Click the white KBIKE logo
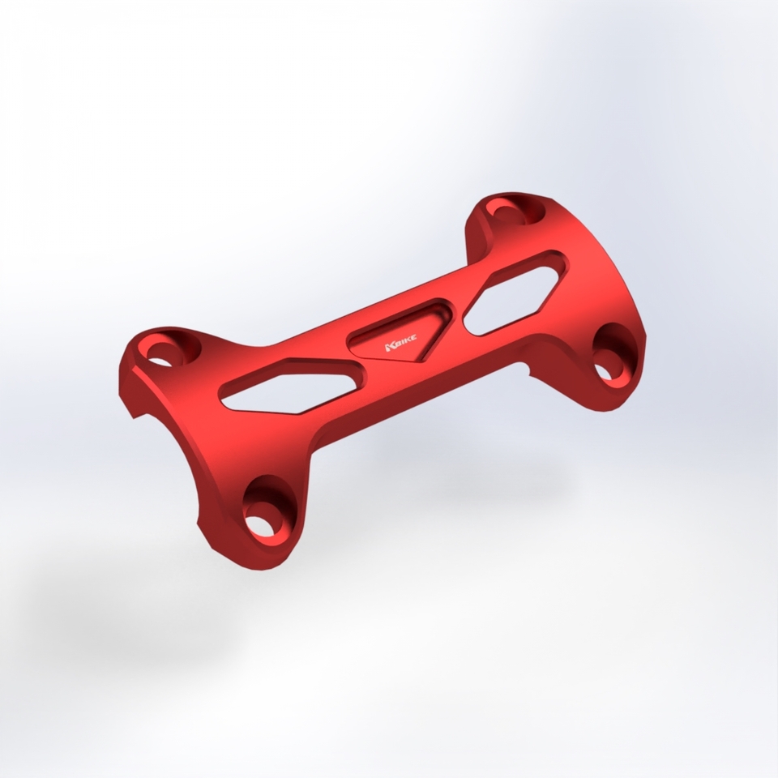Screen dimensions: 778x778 (400, 343)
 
